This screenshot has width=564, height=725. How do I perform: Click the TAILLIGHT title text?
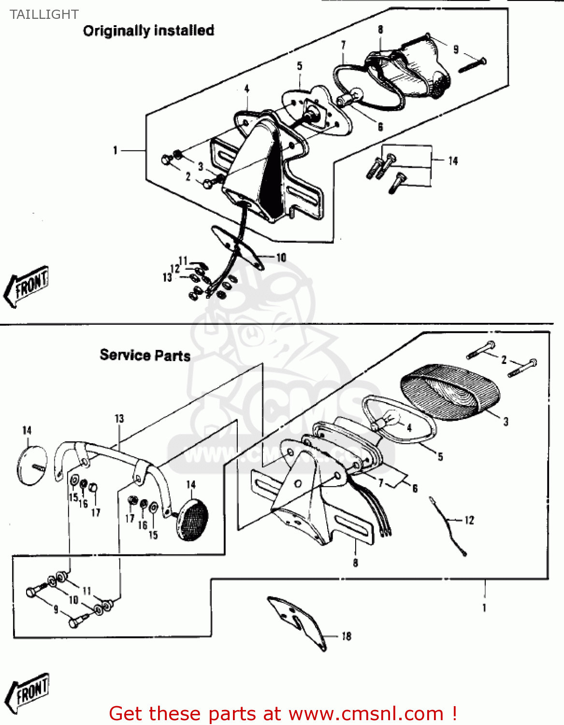[44, 14]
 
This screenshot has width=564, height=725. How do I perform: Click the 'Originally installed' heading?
[148, 30]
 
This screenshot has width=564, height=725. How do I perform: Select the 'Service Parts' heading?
[145, 355]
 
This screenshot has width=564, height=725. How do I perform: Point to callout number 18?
[346, 636]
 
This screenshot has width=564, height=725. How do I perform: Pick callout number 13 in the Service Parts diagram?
[119, 419]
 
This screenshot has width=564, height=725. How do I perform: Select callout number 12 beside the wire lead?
[469, 520]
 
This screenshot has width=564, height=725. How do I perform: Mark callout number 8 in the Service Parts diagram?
[355, 563]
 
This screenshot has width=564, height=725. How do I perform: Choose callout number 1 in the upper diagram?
[115, 151]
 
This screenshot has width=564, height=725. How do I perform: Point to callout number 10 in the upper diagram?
[281, 258]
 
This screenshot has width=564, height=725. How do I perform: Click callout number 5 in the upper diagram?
[300, 66]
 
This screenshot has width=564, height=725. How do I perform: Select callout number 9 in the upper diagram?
[456, 49]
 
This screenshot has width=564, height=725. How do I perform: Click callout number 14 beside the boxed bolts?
[453, 161]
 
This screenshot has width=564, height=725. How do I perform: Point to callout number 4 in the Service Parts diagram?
[409, 427]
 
